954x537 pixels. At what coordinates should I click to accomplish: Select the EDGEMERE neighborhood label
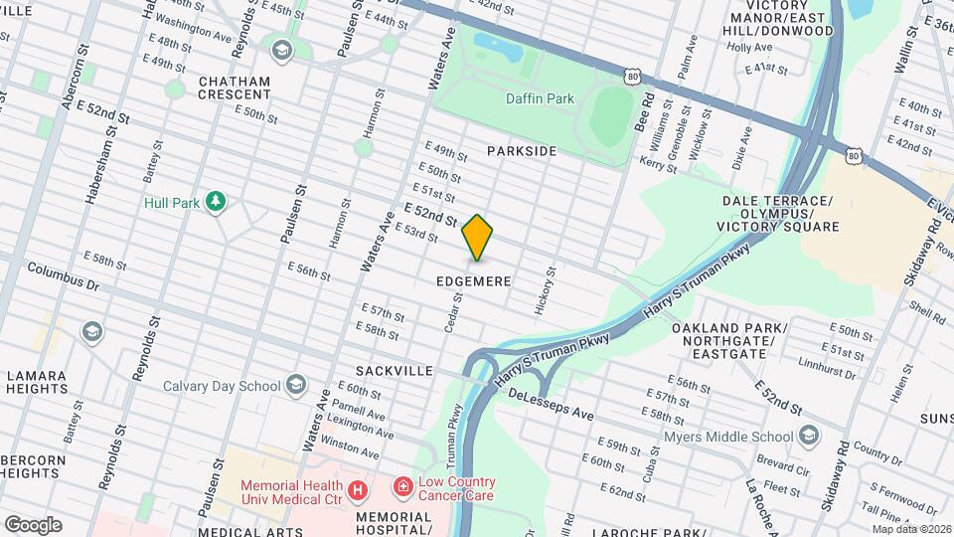[x=474, y=281]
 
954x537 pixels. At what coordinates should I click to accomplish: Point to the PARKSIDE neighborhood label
[x=522, y=151]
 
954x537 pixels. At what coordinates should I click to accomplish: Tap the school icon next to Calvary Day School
[x=296, y=385]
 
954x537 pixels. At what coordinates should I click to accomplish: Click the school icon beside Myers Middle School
[x=809, y=436]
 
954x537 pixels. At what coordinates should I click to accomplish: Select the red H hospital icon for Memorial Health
[x=358, y=490]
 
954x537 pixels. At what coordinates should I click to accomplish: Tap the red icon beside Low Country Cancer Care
[x=403, y=487]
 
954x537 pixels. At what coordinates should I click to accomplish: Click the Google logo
[x=33, y=524]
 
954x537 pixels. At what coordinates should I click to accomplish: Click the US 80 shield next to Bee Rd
[x=633, y=76]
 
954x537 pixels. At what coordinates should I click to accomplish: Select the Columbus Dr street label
[x=64, y=275]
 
